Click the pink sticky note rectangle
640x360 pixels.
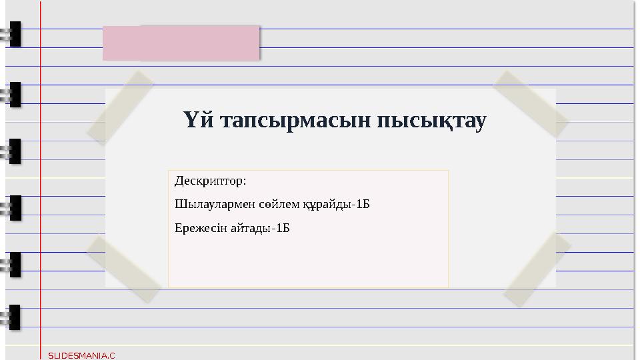181,43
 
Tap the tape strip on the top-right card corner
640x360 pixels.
530,104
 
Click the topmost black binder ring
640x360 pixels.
13,35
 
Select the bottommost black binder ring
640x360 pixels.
13,317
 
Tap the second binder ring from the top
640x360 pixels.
13,95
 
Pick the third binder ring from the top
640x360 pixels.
13,151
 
